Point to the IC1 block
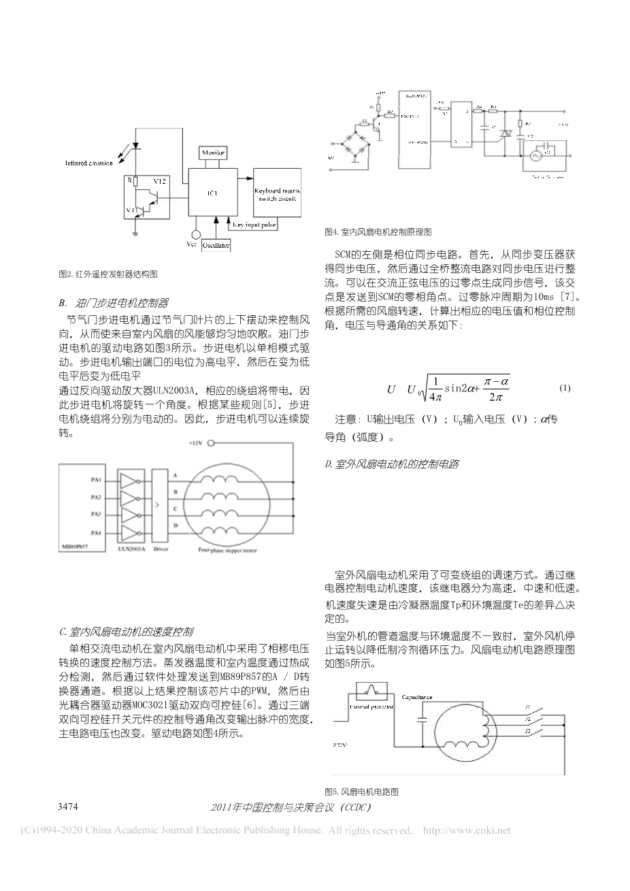tap(210, 193)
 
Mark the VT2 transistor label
tap(160, 181)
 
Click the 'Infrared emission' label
tap(89, 163)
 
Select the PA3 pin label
tap(97, 513)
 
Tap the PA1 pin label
tap(97, 479)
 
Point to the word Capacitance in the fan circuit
tap(418, 698)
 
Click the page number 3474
tap(71, 807)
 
